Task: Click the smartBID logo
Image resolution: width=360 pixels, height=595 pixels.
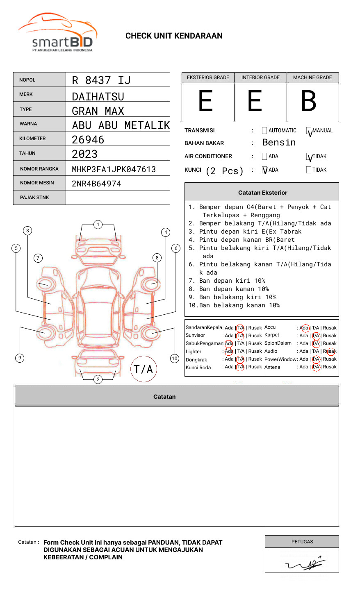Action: click(x=57, y=33)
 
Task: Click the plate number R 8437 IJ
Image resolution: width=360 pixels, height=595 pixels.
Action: click(x=101, y=80)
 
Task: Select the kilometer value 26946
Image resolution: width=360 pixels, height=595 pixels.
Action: click(x=88, y=140)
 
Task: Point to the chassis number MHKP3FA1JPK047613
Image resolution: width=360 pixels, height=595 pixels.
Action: click(x=114, y=169)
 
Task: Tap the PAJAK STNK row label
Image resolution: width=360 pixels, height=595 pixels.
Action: click(x=34, y=198)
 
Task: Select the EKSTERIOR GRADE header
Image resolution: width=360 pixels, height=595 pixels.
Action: click(x=208, y=77)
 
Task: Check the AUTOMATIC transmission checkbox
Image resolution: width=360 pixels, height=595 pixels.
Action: click(x=264, y=131)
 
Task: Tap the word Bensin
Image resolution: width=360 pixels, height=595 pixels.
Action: click(x=279, y=143)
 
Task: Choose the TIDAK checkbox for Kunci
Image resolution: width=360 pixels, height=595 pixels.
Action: click(x=309, y=170)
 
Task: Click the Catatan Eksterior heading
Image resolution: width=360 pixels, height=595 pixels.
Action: click(x=262, y=193)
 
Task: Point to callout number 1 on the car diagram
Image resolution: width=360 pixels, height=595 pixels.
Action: click(x=98, y=225)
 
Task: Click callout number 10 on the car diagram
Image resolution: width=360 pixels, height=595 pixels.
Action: click(x=175, y=359)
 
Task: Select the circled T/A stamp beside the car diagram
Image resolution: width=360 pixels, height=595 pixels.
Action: click(x=144, y=369)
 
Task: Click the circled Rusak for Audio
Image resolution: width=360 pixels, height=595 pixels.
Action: click(x=331, y=351)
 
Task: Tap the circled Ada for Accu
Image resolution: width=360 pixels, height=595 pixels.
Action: click(x=305, y=328)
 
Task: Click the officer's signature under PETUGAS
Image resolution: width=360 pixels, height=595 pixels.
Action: click(x=305, y=564)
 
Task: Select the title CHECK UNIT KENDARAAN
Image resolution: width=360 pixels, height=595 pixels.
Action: click(x=174, y=36)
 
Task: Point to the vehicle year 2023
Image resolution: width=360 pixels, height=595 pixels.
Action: click(x=84, y=154)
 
